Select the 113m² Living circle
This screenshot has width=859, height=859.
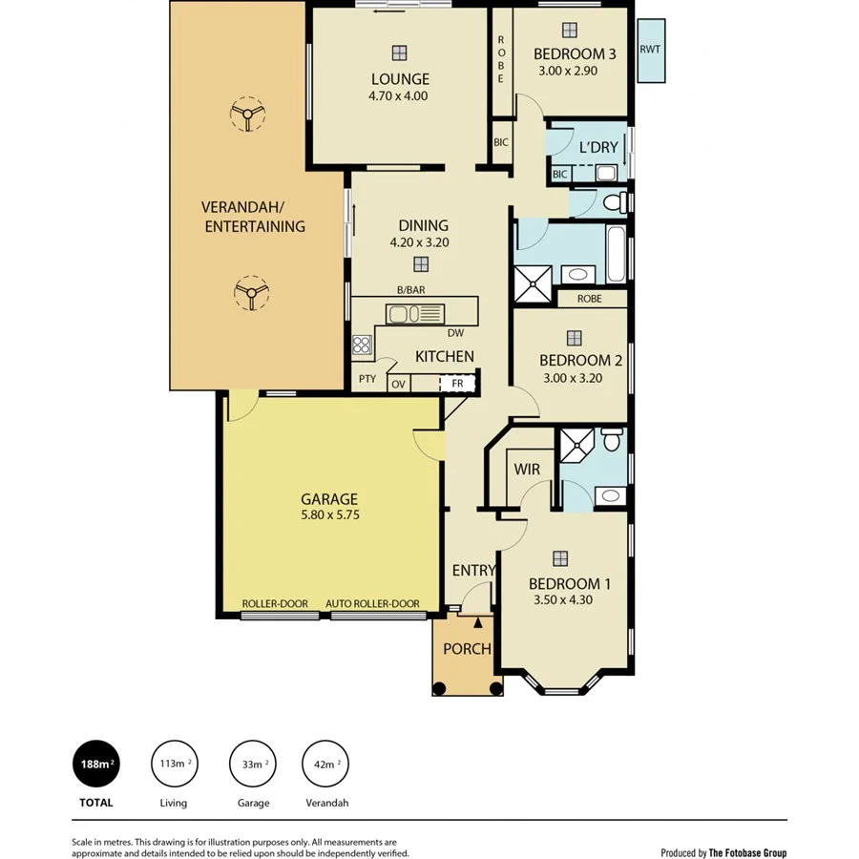pyautogui.click(x=173, y=765)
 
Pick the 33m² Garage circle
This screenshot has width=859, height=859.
pyautogui.click(x=252, y=765)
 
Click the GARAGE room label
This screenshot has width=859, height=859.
pyautogui.click(x=329, y=498)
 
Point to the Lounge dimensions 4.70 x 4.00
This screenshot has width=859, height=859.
pyautogui.click(x=398, y=95)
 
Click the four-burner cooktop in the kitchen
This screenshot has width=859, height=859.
pyautogui.click(x=362, y=345)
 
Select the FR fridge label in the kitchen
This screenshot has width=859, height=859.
pyautogui.click(x=457, y=384)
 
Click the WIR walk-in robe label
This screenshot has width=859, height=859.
pyautogui.click(x=527, y=470)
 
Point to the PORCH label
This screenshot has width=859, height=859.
pyautogui.click(x=467, y=649)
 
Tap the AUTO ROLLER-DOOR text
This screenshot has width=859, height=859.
pyautogui.click(x=372, y=604)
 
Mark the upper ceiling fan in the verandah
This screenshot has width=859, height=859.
pyautogui.click(x=248, y=115)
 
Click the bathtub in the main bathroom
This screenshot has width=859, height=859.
pyautogui.click(x=617, y=254)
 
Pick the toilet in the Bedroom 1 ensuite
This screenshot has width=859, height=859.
pyautogui.click(x=612, y=440)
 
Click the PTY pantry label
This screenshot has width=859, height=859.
pyautogui.click(x=367, y=379)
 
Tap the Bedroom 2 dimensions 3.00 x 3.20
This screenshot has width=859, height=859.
pyautogui.click(x=574, y=377)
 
